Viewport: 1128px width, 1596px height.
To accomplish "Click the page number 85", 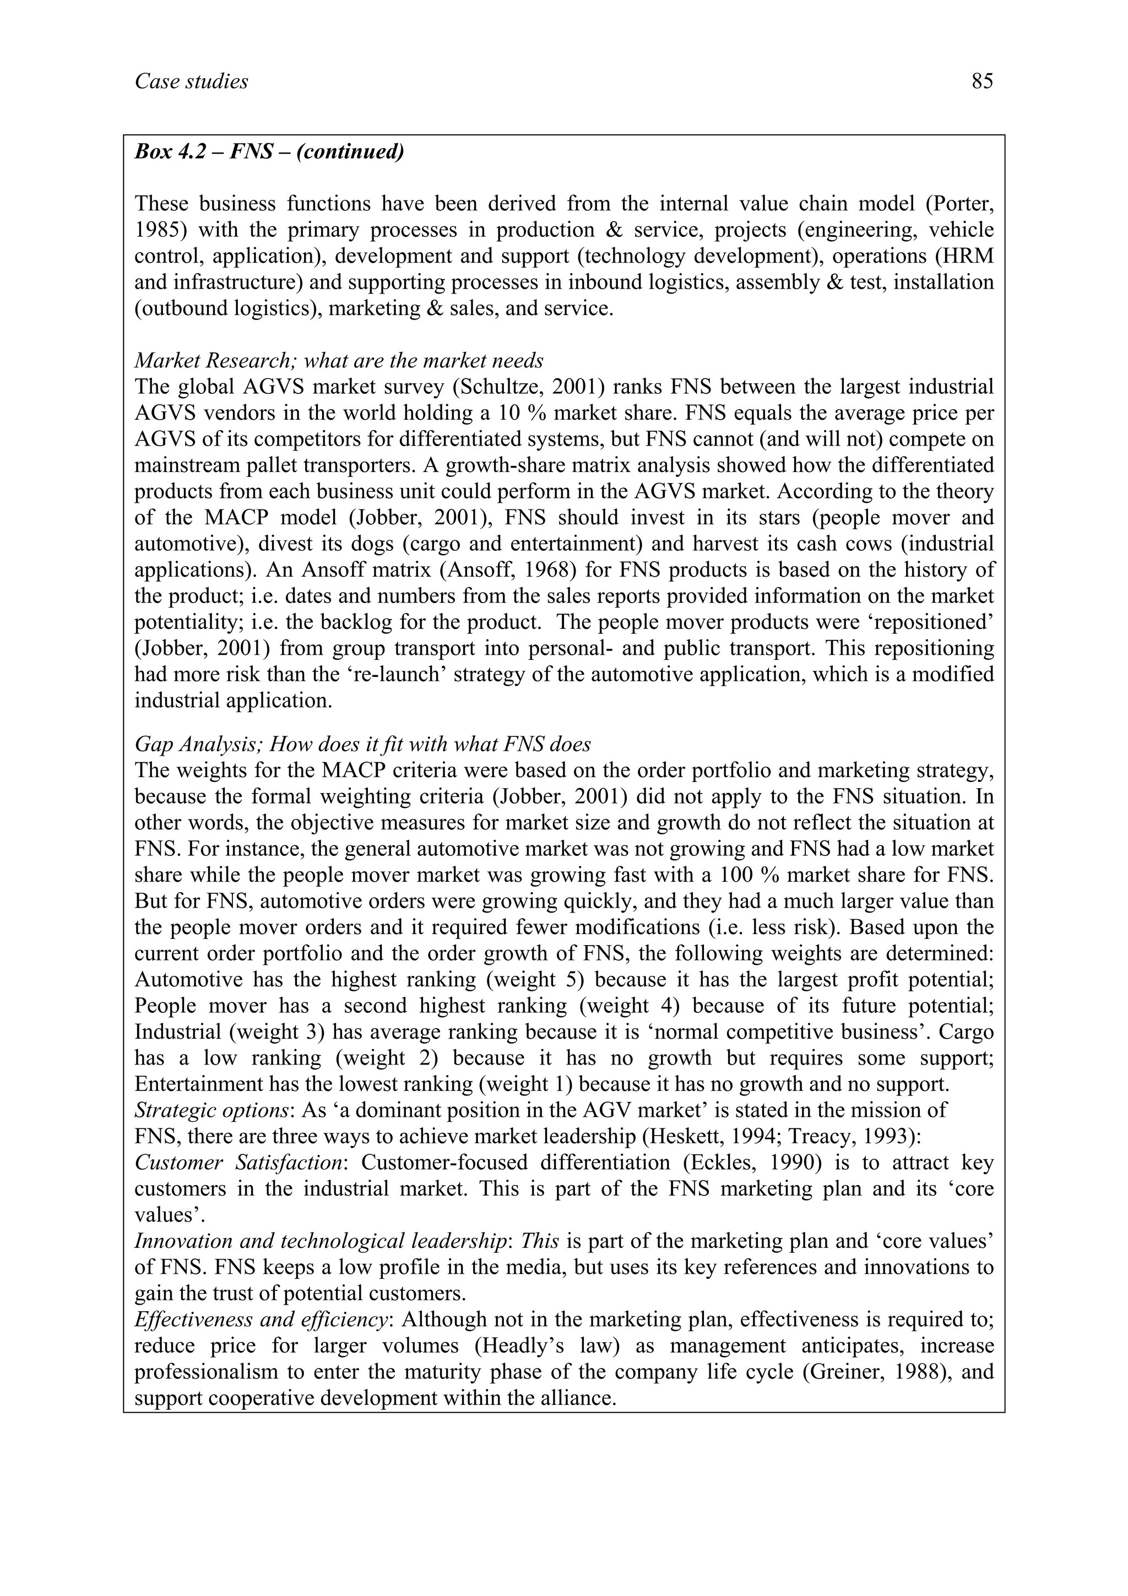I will pos(982,82).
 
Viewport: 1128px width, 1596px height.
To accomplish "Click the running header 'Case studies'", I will pos(191,82).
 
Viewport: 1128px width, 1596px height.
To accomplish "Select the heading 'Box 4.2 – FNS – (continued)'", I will pos(269,151).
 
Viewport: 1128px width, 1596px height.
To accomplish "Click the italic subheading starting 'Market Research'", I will pos(339,361).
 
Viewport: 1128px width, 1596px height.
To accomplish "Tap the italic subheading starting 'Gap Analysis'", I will pos(362,745).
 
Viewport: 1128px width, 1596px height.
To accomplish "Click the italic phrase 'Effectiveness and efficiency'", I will pos(261,1320).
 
